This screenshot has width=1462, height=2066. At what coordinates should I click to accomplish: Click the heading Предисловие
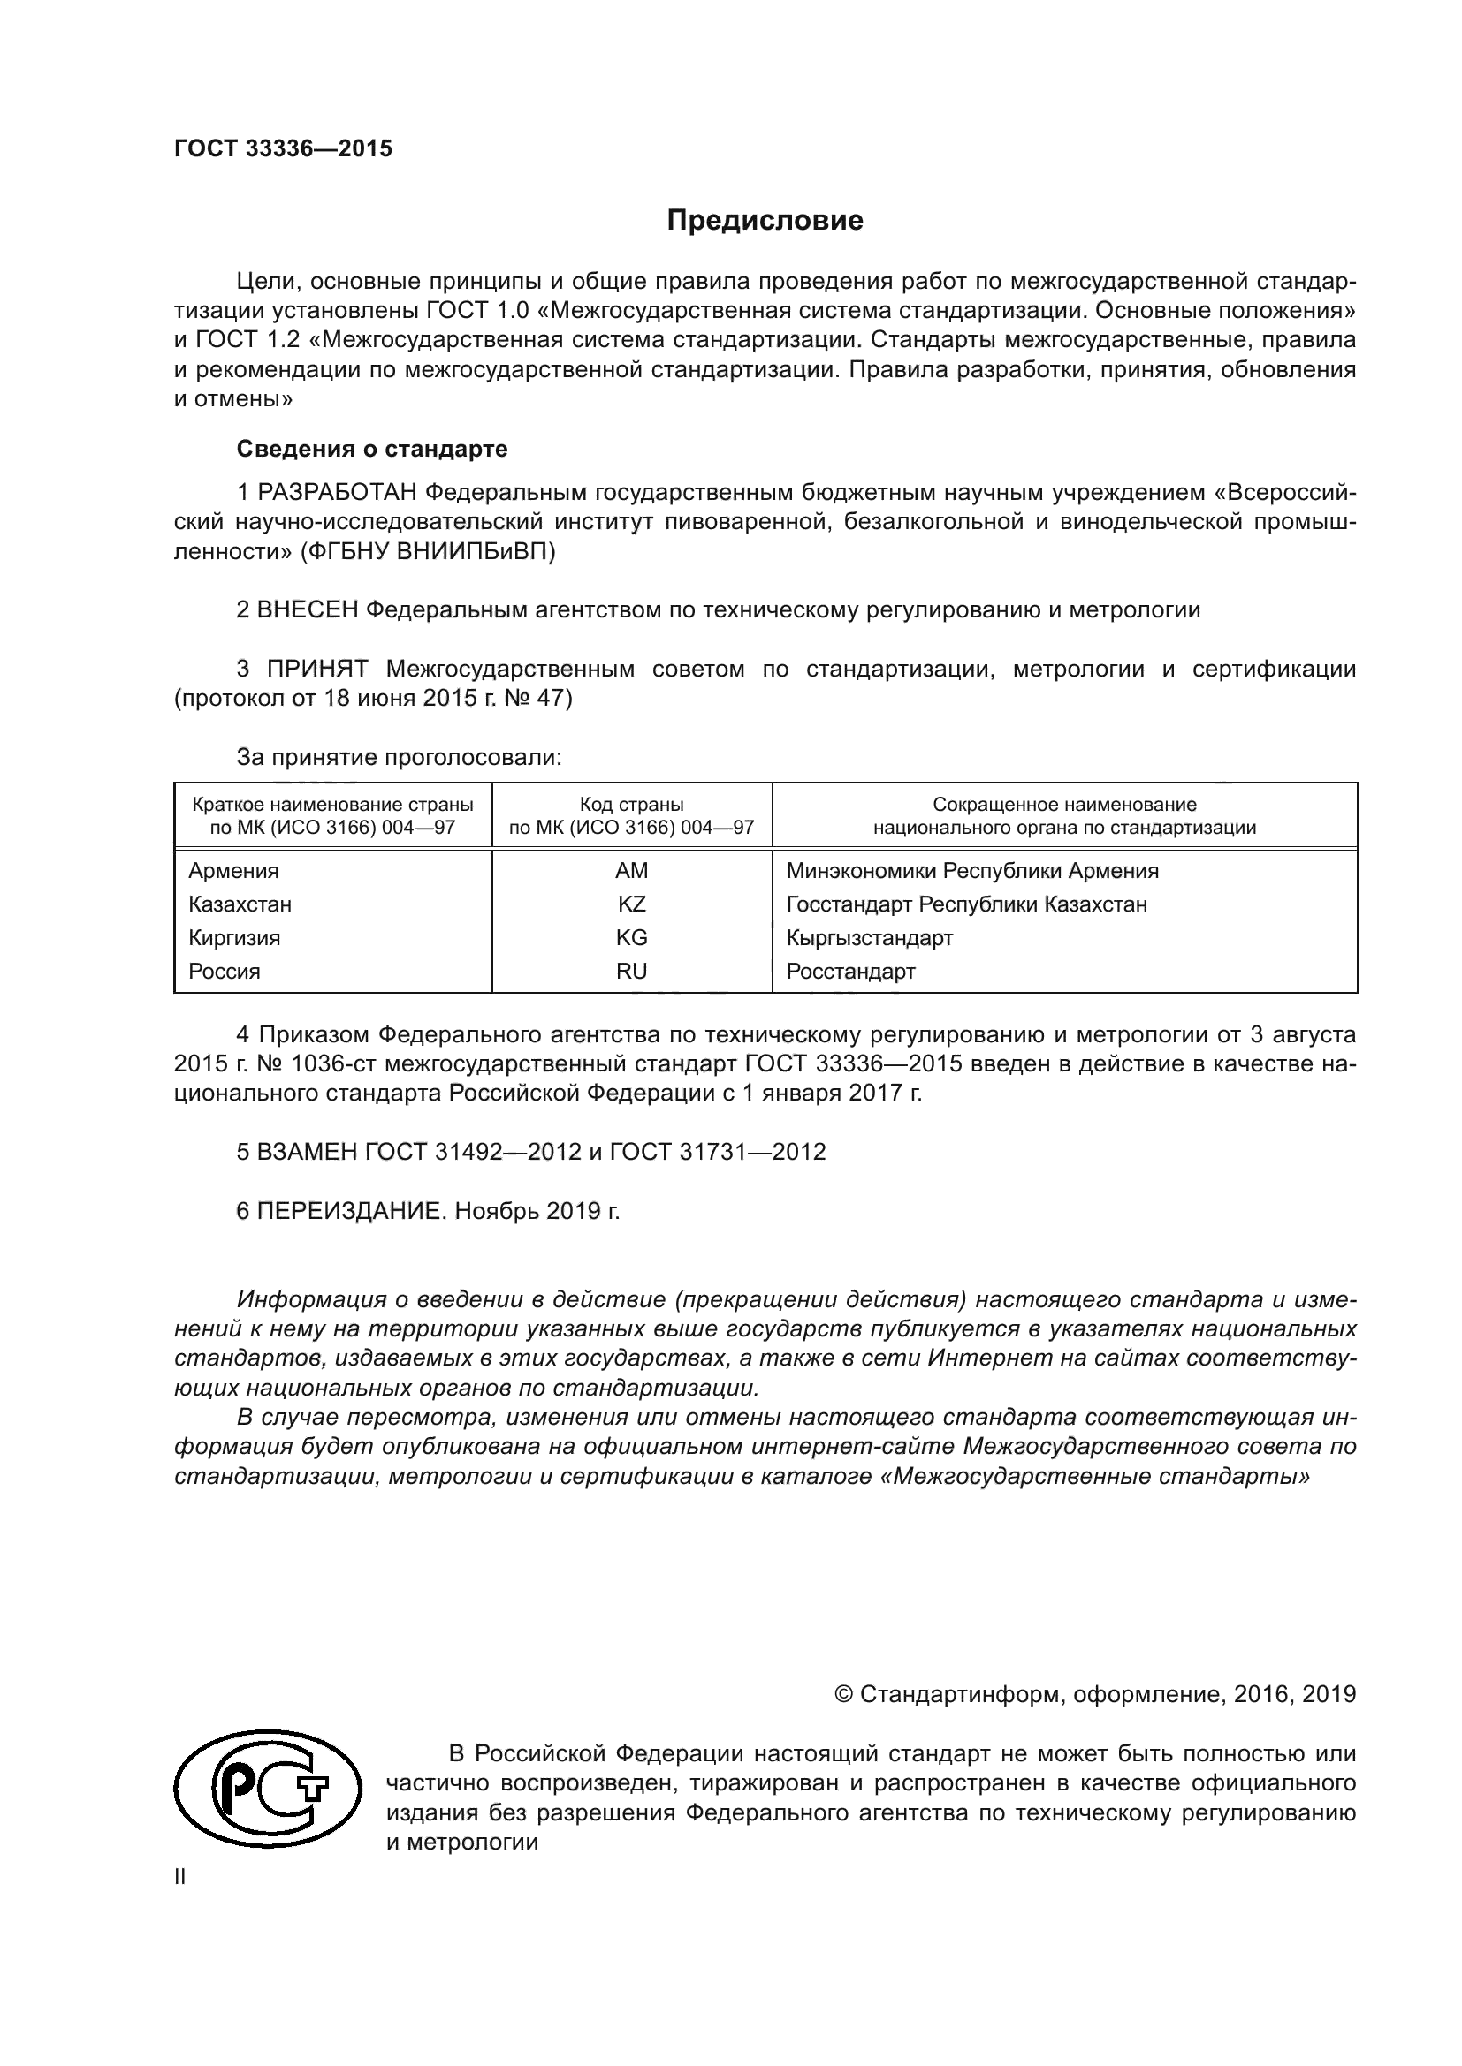765,221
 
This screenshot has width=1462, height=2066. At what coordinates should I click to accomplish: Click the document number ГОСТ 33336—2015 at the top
283,149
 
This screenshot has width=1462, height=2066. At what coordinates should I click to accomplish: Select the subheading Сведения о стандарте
372,449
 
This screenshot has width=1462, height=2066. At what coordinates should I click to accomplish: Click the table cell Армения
233,871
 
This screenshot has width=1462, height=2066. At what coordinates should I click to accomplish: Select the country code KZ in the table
631,904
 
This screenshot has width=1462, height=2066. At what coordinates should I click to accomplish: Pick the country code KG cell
631,938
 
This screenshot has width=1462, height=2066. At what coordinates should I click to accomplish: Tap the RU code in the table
631,971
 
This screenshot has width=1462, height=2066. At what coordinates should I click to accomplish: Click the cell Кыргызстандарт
869,938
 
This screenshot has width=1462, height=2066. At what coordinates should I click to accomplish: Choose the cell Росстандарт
849,971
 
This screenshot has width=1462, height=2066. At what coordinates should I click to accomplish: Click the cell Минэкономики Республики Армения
972,871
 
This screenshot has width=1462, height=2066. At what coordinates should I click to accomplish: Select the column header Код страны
631,805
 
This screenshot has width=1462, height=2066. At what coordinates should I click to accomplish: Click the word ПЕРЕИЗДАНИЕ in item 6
351,1211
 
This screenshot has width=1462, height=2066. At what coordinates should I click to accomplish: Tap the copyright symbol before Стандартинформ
843,1695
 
